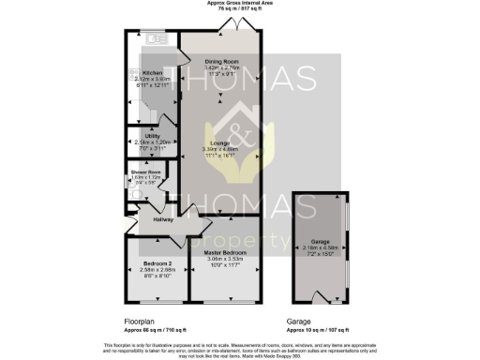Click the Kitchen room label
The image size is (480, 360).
152,72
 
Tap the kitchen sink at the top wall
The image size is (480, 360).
156,40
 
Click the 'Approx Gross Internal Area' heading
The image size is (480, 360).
239,4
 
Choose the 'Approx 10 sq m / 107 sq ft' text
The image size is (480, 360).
319,330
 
